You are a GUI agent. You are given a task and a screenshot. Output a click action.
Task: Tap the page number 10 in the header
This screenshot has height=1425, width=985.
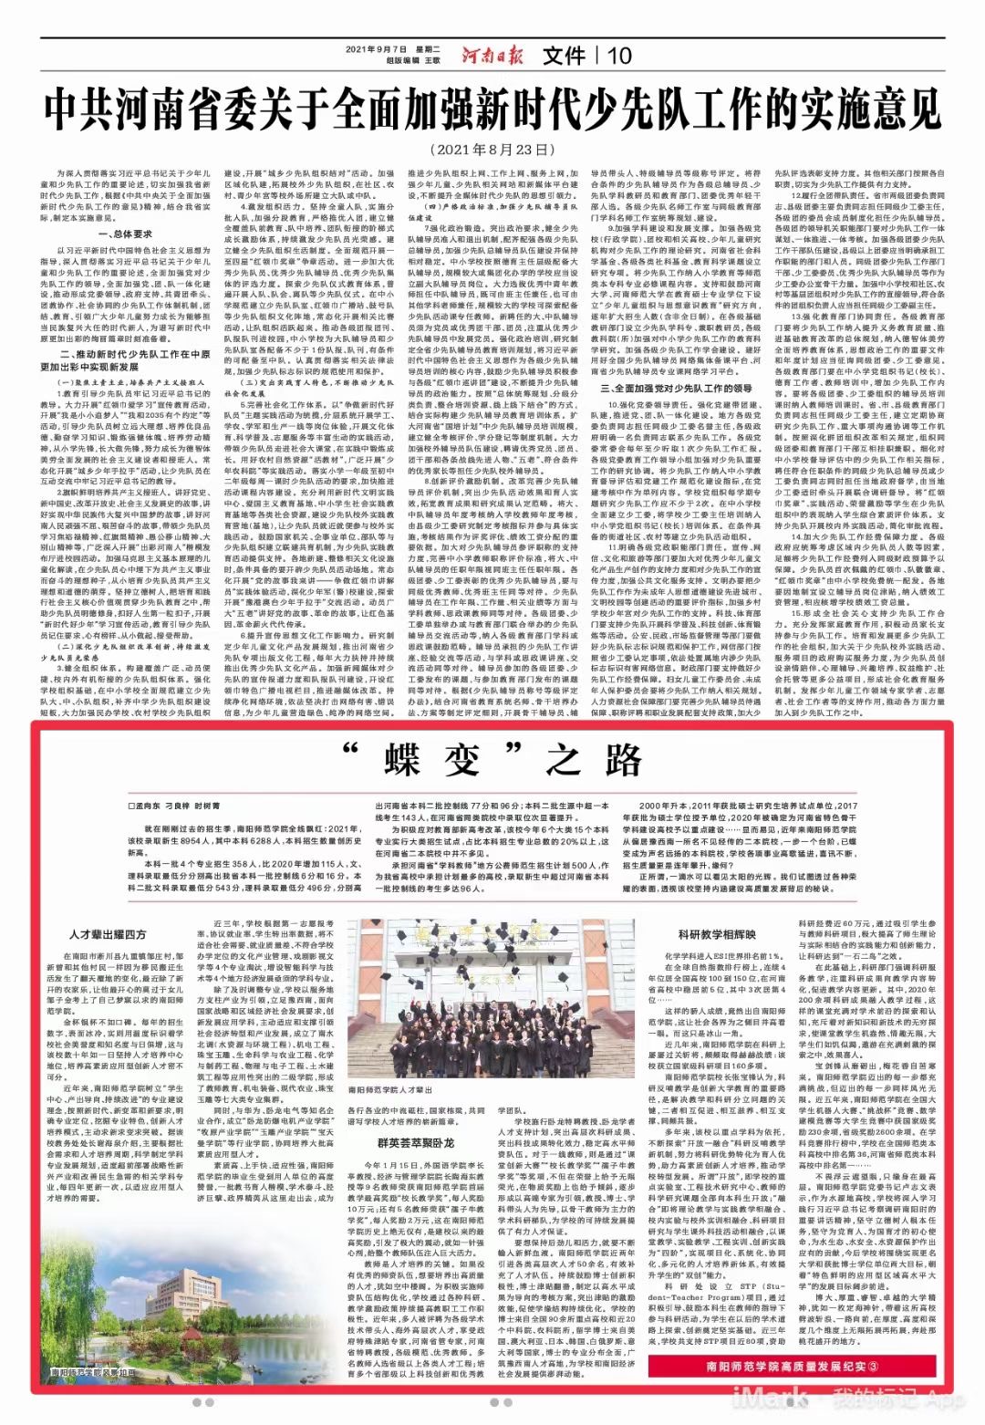[x=619, y=56]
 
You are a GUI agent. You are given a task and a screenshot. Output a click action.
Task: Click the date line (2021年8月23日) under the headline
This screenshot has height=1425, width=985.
[x=493, y=148]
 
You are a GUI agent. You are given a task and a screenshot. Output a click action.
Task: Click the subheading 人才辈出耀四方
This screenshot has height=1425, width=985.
[x=108, y=933]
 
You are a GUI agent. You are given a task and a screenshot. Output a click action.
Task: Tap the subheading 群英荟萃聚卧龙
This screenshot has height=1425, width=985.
[x=416, y=1141]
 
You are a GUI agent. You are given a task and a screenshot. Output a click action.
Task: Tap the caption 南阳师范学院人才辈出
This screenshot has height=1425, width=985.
[x=392, y=1089]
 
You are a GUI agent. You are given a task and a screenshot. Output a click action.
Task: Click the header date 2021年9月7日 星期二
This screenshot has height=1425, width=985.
[x=394, y=49]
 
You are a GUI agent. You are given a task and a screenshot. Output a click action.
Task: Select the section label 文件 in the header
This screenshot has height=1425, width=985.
[x=563, y=56]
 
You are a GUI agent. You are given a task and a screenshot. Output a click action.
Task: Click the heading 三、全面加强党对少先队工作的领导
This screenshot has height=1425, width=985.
[x=677, y=389]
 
